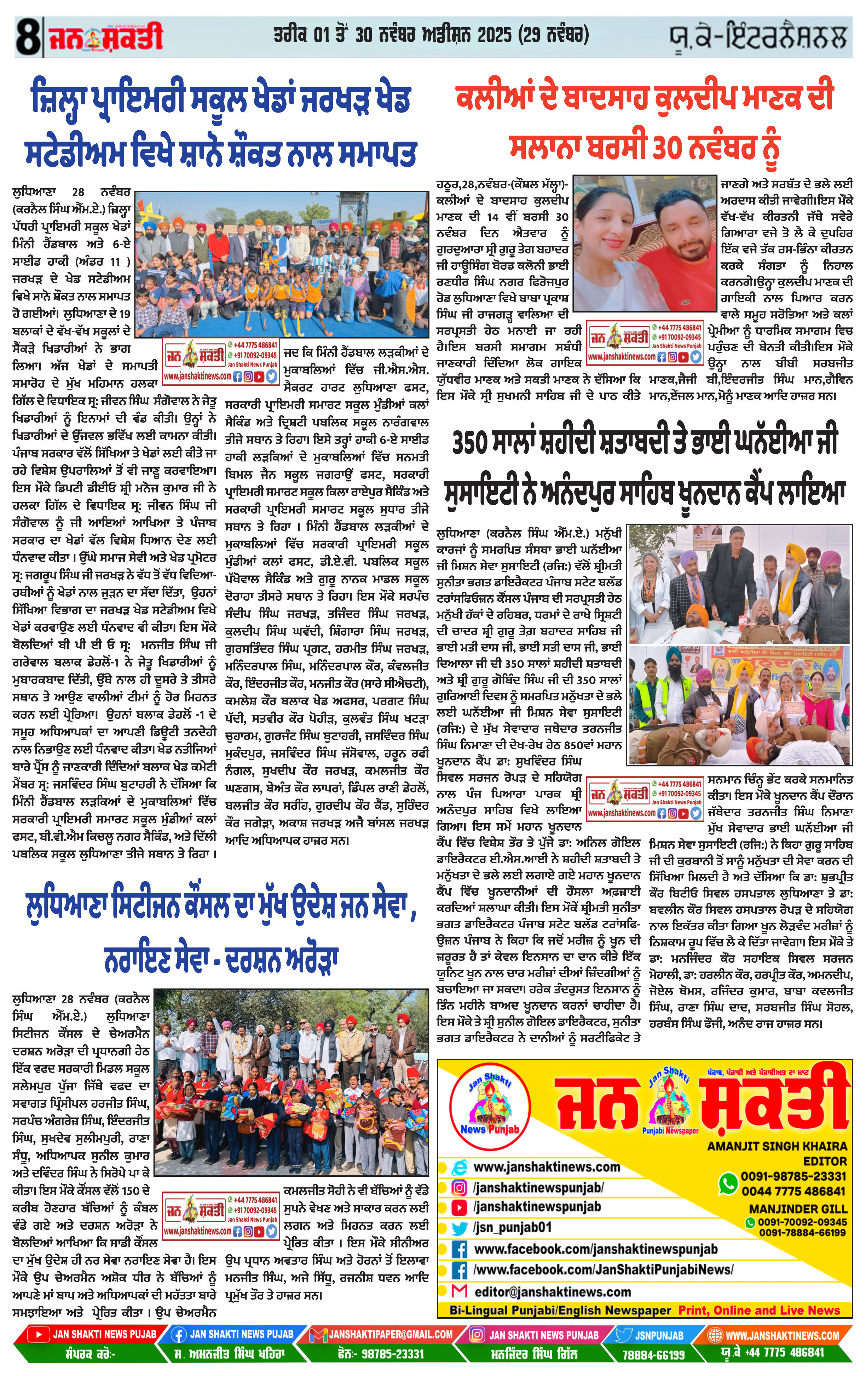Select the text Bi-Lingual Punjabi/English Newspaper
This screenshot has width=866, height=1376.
pos(560,1310)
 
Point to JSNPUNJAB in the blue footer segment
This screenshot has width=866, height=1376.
pos(659,1335)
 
